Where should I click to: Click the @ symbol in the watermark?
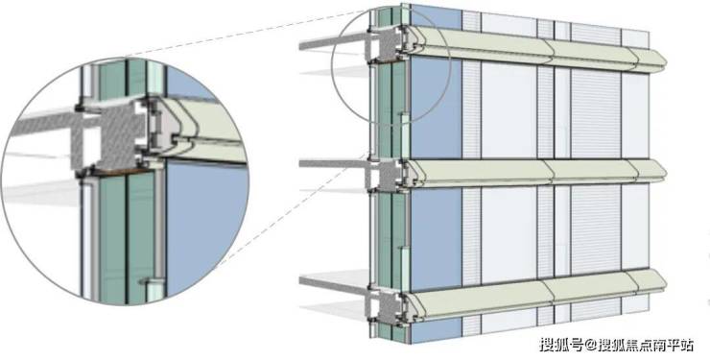coord(590,346)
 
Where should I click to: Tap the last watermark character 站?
coord(686,345)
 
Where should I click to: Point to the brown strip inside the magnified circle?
coord(121,172)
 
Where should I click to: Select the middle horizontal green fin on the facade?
coord(536,173)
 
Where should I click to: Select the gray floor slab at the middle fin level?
coord(334,163)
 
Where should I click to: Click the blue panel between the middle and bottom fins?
coord(436,239)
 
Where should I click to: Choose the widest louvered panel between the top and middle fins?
coord(596,115)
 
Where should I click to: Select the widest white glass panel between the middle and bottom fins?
coord(509,234)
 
